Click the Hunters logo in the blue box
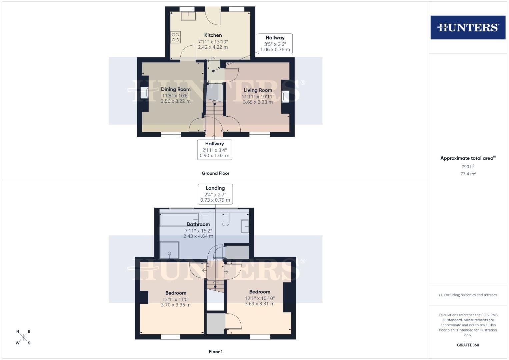(468, 27)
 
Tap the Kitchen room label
(213, 35)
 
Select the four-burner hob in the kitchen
(175, 37)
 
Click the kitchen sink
(188, 16)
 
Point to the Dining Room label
(176, 89)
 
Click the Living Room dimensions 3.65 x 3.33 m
(258, 102)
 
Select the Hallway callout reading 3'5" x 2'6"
(275, 44)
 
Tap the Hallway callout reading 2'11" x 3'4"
(215, 150)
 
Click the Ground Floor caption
(215, 173)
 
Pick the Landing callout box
(215, 194)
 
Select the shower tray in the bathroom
(169, 250)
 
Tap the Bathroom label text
(198, 224)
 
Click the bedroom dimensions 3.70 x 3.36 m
(176, 305)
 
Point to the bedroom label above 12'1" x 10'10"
(259, 292)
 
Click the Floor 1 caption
(216, 352)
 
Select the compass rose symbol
(23, 337)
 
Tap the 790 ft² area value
(468, 167)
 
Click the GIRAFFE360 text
(468, 345)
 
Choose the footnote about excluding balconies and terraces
(468, 295)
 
